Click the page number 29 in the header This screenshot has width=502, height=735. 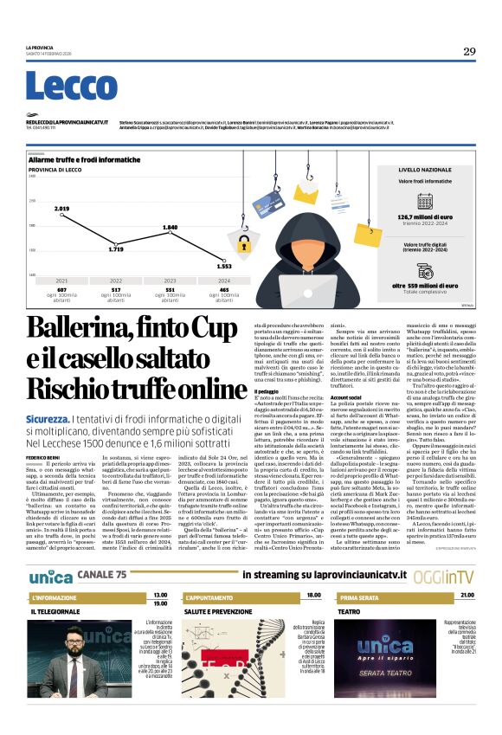pyautogui.click(x=469, y=52)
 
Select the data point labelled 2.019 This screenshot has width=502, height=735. pyautogui.click(x=61, y=210)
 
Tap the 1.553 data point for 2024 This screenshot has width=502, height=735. pyautogui.click(x=223, y=267)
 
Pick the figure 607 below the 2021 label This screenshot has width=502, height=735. pyautogui.click(x=62, y=289)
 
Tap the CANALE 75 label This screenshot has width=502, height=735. pyautogui.click(x=101, y=575)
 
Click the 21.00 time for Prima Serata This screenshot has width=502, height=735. pyautogui.click(x=467, y=596)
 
